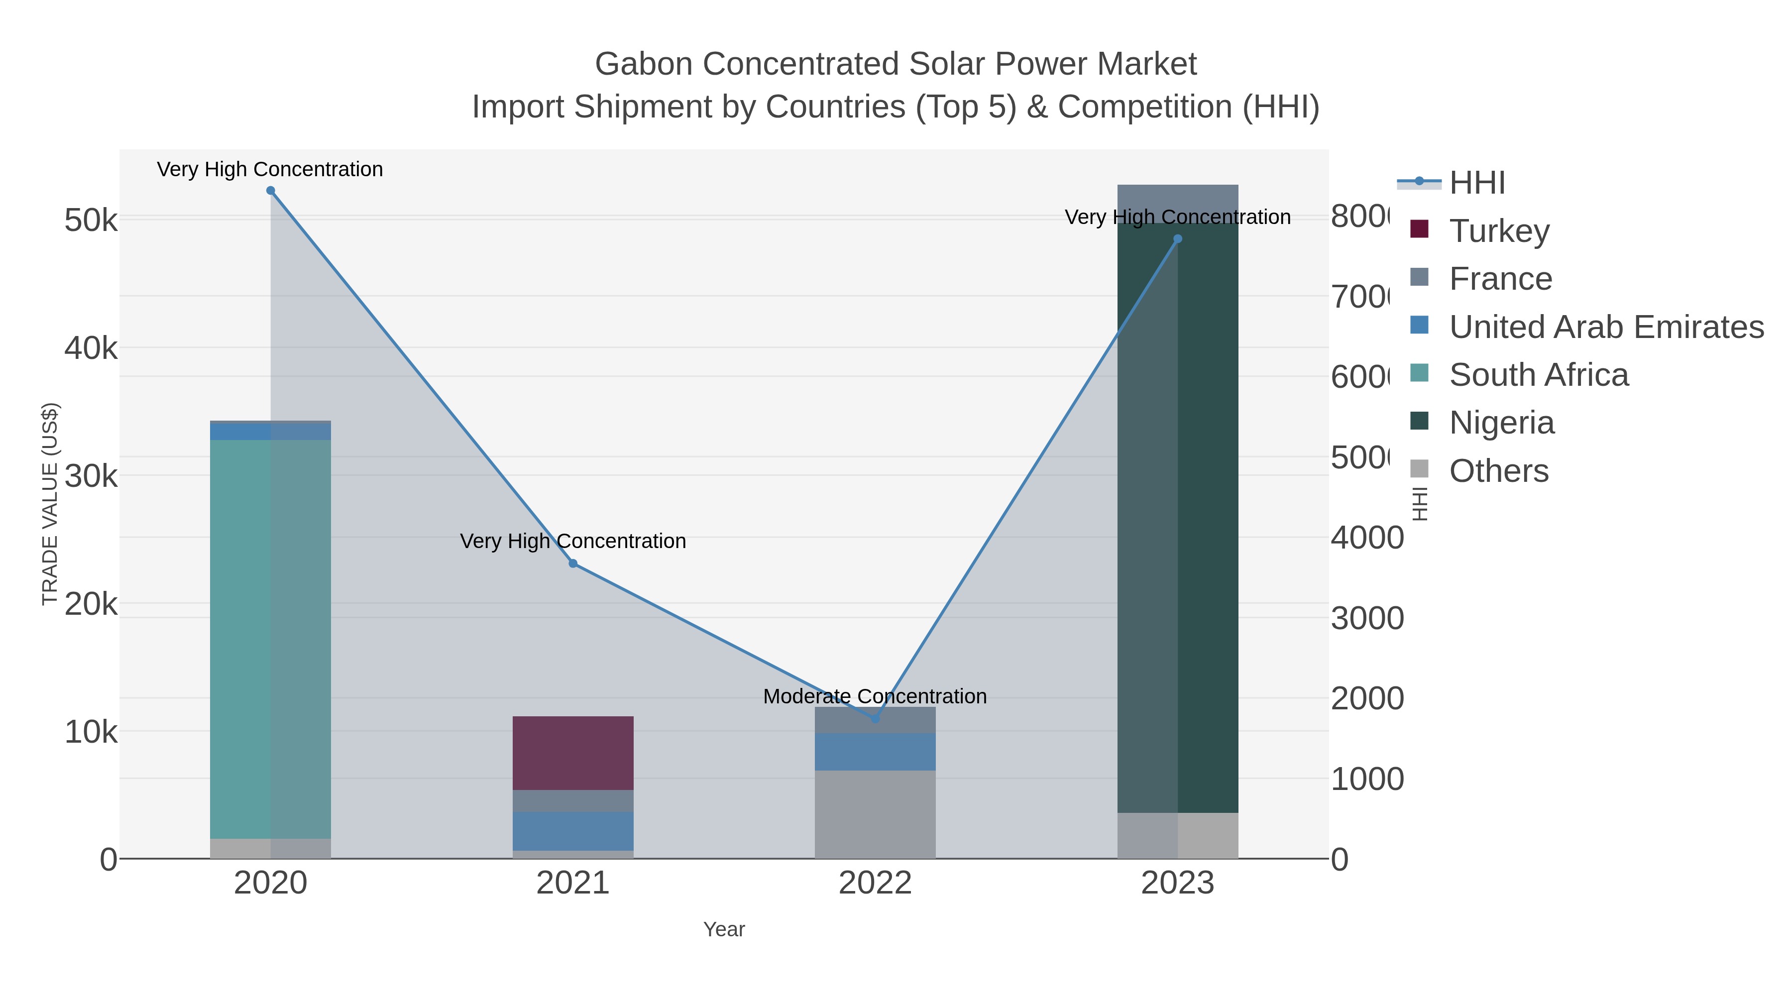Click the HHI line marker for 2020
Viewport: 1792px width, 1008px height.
pyautogui.click(x=271, y=191)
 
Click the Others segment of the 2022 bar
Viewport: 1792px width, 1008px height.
pyautogui.click(x=875, y=814)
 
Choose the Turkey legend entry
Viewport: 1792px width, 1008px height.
pyautogui.click(x=1499, y=230)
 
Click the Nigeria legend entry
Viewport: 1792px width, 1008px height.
pyautogui.click(x=1501, y=422)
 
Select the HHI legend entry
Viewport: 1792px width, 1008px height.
pyautogui.click(x=1477, y=182)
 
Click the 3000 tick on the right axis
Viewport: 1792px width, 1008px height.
pyautogui.click(x=1367, y=618)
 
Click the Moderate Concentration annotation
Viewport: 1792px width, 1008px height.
pyautogui.click(x=875, y=696)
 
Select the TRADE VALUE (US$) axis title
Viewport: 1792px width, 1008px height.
pyautogui.click(x=50, y=504)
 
